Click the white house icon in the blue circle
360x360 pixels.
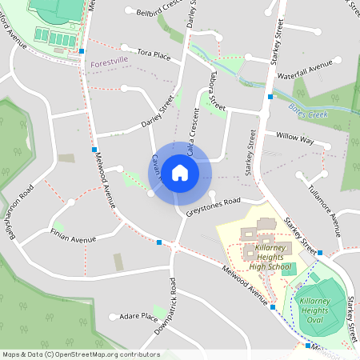tap(180, 171)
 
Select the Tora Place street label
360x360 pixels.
tap(154, 54)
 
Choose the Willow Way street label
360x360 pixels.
tap(294, 139)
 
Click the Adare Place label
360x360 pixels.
tap(138, 316)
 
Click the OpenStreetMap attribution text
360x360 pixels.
tap(80, 354)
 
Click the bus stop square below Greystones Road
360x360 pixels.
tap(160, 242)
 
